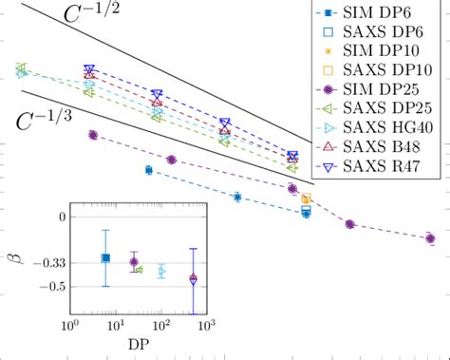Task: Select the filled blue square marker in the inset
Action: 105,257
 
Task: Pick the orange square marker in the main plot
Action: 307,199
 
